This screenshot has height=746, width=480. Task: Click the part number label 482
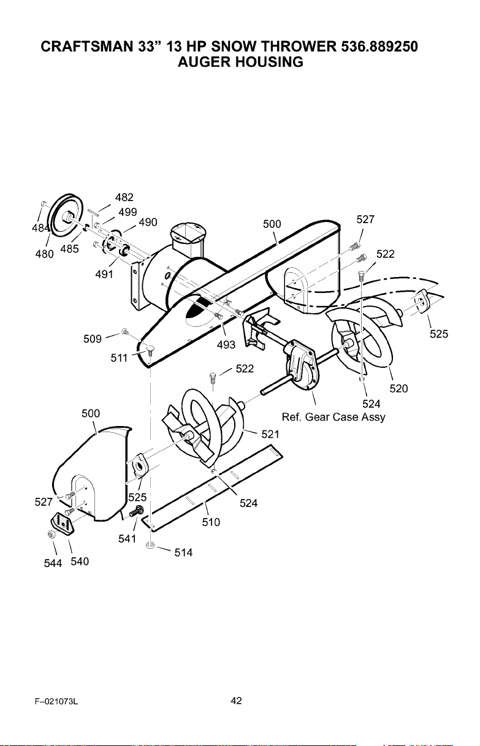124,197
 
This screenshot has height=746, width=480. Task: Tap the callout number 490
148,222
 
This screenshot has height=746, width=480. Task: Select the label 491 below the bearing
104,274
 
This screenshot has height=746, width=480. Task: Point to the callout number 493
226,344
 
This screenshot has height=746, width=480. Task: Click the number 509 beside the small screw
93,339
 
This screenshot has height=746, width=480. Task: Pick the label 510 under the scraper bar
211,522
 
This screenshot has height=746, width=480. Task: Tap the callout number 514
183,553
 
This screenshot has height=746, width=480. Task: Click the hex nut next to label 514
150,545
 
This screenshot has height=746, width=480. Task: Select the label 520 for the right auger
398,388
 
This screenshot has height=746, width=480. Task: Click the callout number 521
270,434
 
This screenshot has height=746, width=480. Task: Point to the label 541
128,539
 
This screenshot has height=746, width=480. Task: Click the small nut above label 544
51,535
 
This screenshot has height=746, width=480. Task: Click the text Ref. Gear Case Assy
333,417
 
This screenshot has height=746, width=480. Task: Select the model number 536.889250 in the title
379,47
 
